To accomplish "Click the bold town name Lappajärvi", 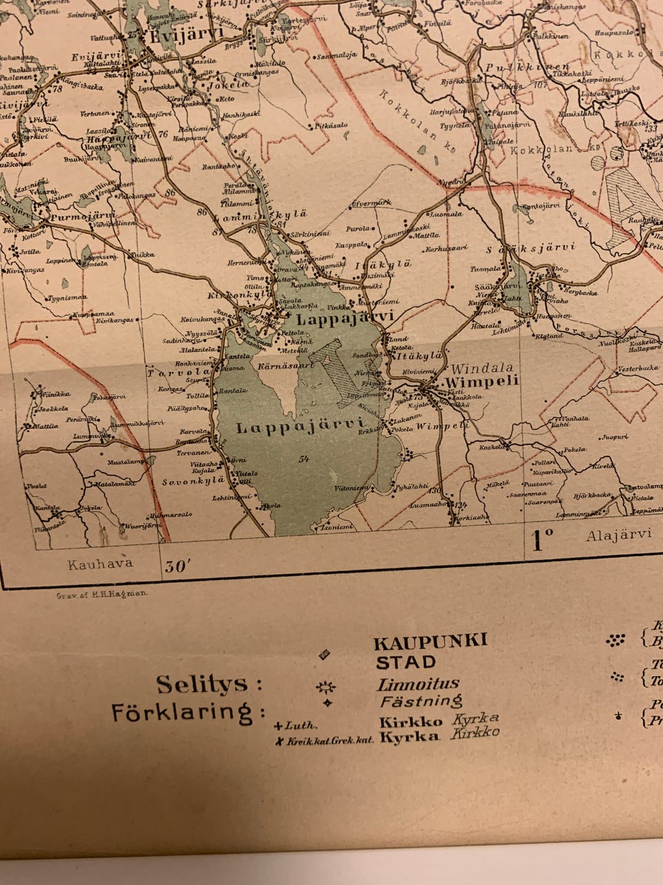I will [345, 319].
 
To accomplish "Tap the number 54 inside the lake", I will [304, 458].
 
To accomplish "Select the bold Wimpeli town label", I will [472, 381].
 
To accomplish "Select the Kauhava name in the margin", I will [100, 563].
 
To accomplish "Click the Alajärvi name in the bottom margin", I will [619, 534].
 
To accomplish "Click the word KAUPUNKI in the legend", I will [430, 641].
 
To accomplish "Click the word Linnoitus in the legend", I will [418, 684].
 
